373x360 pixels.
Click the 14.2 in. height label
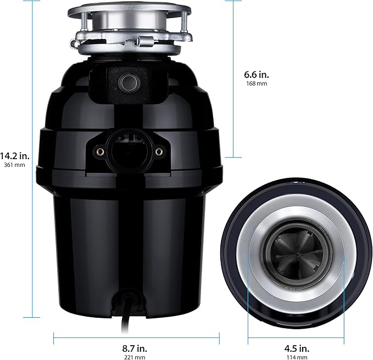pos(15,155)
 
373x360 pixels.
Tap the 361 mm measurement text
pos(15,165)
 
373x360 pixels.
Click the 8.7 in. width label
pos(135,348)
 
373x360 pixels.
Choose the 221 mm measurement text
pos(135,357)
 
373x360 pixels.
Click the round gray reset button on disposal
pos(130,82)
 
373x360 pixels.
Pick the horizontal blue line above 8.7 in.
pos(136,335)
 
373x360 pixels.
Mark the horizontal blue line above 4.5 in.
pos(297,335)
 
